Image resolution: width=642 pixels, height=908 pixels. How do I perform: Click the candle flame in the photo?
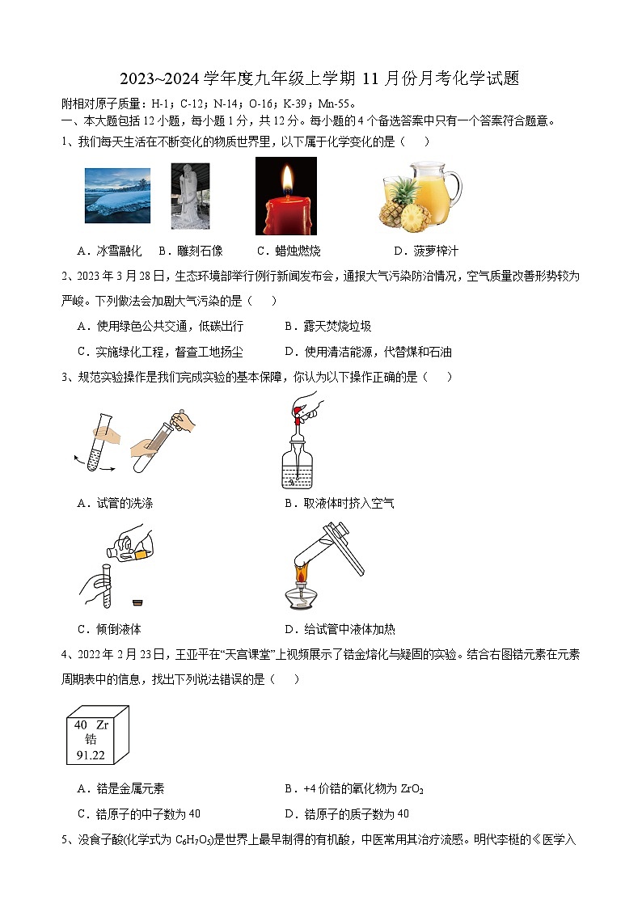point(285,176)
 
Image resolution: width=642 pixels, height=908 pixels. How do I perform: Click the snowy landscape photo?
point(117,195)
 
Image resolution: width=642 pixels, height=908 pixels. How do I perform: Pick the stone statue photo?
point(190,196)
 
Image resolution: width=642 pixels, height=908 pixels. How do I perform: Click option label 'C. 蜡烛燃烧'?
point(289,251)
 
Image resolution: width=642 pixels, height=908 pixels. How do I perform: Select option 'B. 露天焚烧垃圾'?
point(328,326)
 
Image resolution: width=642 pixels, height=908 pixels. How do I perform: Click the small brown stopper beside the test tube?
point(138,602)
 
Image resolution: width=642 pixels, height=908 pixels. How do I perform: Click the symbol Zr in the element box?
point(102,725)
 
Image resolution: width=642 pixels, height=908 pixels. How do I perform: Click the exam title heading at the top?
point(320,78)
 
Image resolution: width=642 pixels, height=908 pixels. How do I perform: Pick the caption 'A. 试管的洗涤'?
point(115,503)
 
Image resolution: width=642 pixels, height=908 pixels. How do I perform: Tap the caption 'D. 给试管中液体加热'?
point(340,629)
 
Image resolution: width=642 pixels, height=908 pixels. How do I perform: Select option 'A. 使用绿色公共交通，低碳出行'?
point(160,326)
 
